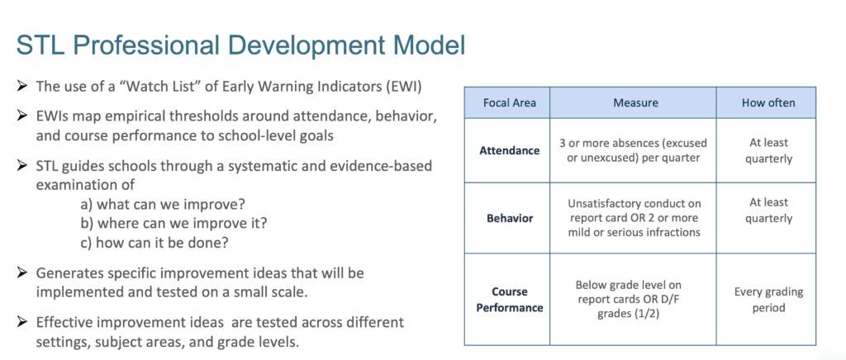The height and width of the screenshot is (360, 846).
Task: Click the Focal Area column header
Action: (x=509, y=103)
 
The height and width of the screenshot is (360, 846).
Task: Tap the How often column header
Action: (x=768, y=103)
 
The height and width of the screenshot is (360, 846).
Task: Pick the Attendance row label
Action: (x=509, y=150)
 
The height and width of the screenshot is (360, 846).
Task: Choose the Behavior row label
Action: (x=509, y=218)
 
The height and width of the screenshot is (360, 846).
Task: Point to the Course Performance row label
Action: (x=509, y=300)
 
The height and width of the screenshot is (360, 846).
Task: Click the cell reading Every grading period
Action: (x=768, y=300)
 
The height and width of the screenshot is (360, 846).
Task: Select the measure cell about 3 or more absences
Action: (x=633, y=151)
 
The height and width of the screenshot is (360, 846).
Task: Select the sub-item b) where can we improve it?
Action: (x=173, y=224)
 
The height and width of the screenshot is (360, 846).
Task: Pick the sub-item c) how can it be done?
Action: (x=154, y=243)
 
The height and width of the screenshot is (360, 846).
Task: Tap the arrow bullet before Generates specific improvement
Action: (x=22, y=272)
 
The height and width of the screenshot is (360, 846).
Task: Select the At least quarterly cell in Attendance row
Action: (x=768, y=151)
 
